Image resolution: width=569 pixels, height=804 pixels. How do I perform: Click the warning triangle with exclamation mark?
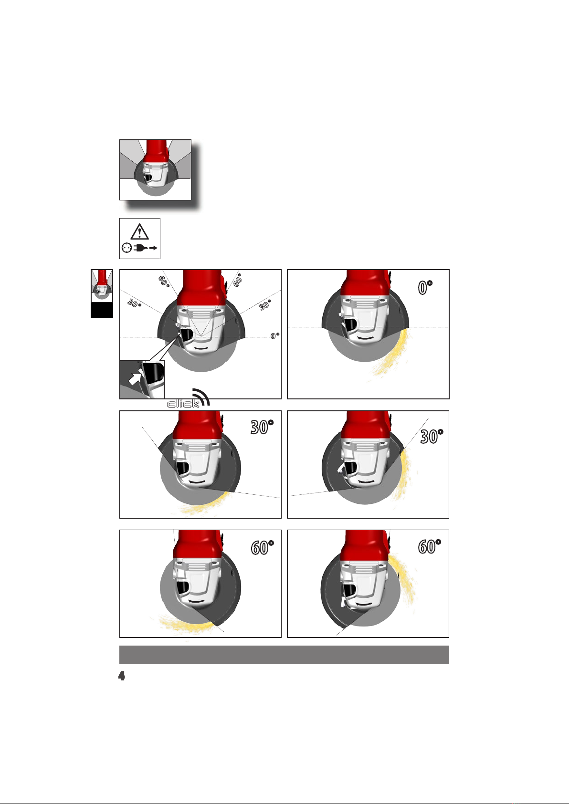(140, 232)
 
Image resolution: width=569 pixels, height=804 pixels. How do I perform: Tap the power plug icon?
(140, 248)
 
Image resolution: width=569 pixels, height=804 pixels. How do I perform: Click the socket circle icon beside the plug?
(126, 248)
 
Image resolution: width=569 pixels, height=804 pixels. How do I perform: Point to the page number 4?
(122, 676)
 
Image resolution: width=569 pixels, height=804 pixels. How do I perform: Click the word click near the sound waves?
(183, 404)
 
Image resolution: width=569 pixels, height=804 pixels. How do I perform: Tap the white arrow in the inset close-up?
(135, 378)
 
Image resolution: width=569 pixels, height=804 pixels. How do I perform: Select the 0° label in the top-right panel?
(425, 287)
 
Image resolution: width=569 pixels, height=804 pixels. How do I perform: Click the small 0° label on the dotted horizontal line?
(274, 335)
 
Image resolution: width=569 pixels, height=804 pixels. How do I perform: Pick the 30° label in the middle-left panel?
(262, 427)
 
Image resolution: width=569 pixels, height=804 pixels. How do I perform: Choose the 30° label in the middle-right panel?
(432, 437)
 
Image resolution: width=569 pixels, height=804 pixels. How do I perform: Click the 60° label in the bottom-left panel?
(262, 547)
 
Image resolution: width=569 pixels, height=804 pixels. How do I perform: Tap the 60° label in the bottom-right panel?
(429, 546)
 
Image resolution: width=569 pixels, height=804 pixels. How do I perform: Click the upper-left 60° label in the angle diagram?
(164, 281)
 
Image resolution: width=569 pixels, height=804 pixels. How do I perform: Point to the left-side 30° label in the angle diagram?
(134, 303)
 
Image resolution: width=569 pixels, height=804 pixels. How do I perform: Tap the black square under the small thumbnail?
(102, 309)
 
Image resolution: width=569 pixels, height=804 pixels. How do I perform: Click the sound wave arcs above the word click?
(201, 397)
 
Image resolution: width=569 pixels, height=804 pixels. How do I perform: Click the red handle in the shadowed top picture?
(157, 151)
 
